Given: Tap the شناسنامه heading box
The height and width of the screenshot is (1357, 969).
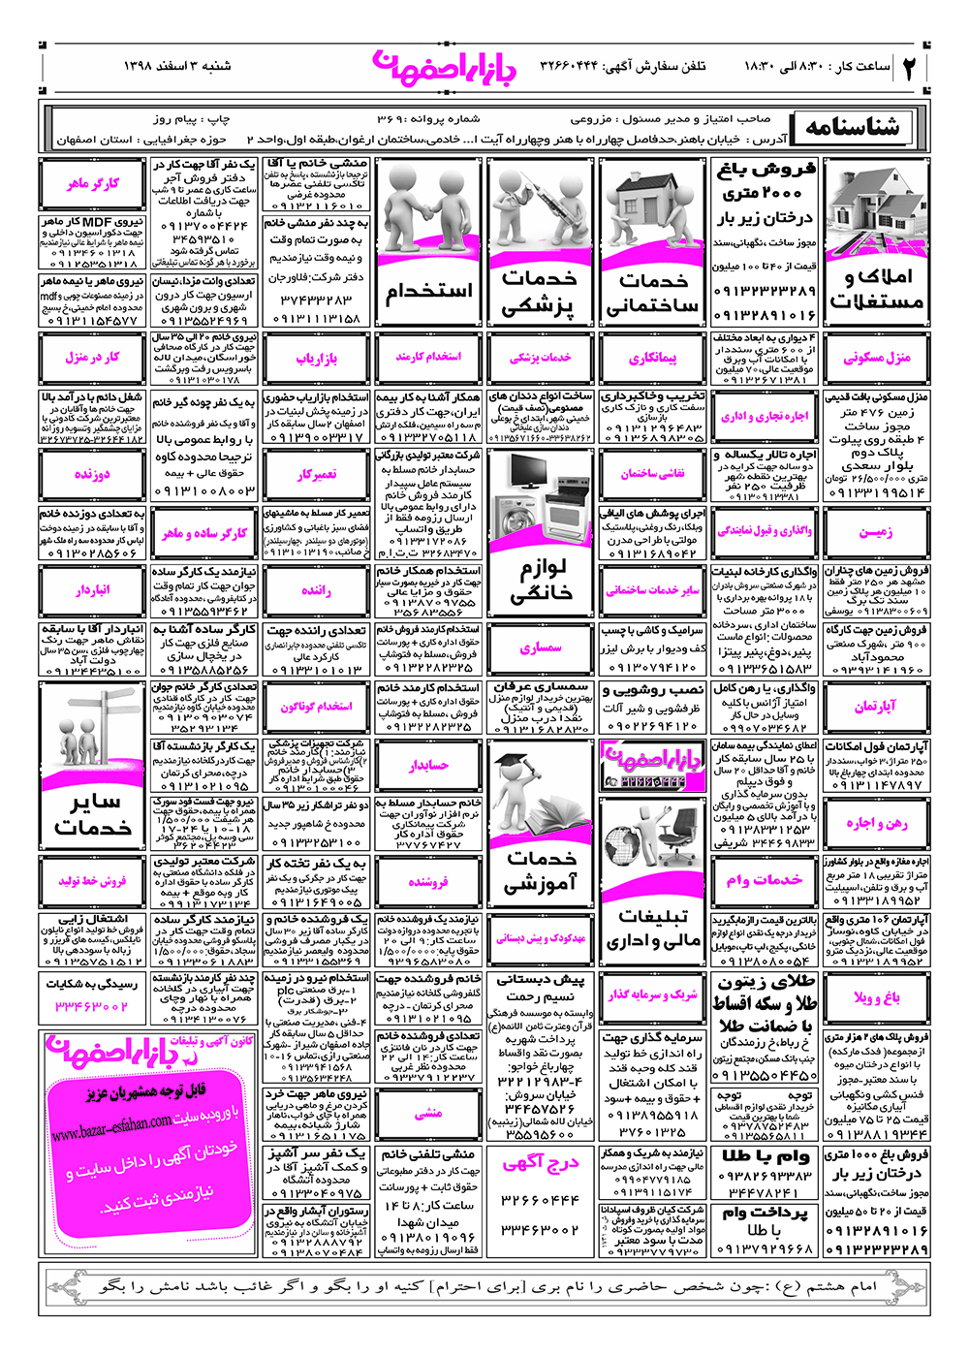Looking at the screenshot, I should (851, 127).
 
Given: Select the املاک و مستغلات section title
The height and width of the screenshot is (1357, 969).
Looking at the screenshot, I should (876, 290).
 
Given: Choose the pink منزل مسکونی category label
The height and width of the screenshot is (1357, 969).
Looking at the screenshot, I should (876, 358).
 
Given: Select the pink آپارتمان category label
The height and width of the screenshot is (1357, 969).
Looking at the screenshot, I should (876, 707).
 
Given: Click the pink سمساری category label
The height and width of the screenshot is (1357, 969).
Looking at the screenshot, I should (541, 648).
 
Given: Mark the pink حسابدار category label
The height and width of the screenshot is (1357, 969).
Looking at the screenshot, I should (428, 766).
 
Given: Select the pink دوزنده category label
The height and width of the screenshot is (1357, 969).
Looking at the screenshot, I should (93, 474).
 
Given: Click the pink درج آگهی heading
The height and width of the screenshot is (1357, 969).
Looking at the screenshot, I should (541, 1164).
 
